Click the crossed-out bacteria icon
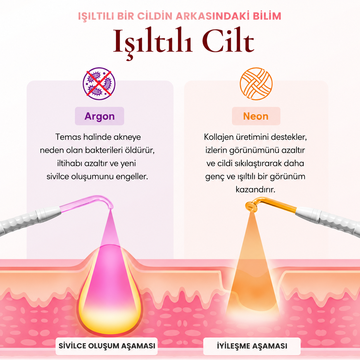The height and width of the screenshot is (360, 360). coord(99,84)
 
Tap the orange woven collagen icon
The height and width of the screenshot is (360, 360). coord(256,84)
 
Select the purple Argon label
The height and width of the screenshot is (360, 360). coord(100,116)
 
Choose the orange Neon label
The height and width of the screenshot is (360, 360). coord(256,116)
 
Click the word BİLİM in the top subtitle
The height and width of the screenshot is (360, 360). coord(267,16)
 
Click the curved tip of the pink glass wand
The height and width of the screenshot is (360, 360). coord(110,206)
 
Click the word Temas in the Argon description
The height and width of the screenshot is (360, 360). coord(68,137)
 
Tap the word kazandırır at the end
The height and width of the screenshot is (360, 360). coord(256,190)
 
